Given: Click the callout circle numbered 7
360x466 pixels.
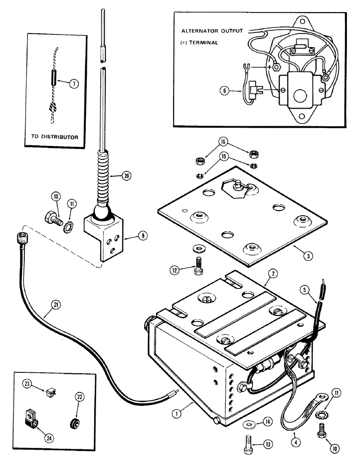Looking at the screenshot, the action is click(x=74, y=84).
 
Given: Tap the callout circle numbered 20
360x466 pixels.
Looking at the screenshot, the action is click(x=126, y=176).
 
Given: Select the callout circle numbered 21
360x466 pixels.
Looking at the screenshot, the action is click(x=55, y=305).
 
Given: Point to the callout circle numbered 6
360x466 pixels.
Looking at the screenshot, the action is click(x=225, y=91).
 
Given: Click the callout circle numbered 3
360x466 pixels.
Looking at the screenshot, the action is click(x=308, y=255).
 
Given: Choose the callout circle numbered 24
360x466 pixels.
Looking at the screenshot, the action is click(x=49, y=438).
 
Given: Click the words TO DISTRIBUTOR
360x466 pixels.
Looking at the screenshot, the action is click(x=55, y=137).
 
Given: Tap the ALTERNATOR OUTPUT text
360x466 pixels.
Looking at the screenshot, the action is click(x=212, y=31).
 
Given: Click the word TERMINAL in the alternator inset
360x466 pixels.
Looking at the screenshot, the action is click(x=203, y=43).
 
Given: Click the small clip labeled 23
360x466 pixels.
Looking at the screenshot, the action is click(x=51, y=393).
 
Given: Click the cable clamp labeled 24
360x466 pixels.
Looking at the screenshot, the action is click(x=31, y=418).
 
